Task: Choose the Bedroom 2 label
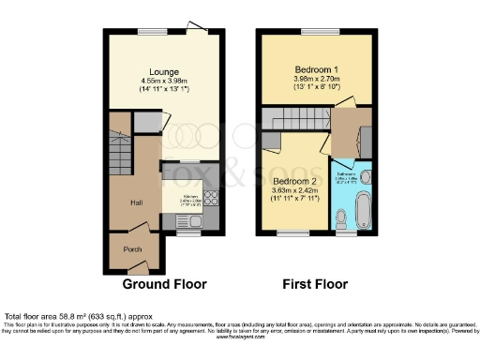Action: point(292,181)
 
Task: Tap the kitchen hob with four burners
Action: point(211,199)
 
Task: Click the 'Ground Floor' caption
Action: point(165,283)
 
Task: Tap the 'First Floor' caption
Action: point(315,283)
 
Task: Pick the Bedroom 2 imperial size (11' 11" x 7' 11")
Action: point(292,201)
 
